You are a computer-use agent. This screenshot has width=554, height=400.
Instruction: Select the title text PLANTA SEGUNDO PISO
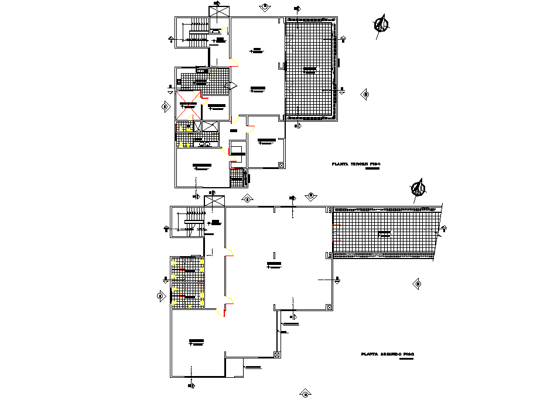(x=388, y=354)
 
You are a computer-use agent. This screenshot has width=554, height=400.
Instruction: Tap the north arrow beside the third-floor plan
(x=382, y=25)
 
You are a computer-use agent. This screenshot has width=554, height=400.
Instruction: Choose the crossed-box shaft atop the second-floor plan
(x=214, y=201)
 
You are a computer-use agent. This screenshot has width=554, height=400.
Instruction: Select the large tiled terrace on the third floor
(x=310, y=69)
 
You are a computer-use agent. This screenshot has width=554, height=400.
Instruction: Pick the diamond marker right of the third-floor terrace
(x=365, y=94)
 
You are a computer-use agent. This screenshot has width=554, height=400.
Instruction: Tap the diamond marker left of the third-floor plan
(x=165, y=107)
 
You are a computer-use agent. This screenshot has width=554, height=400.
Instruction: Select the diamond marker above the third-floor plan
(x=265, y=6)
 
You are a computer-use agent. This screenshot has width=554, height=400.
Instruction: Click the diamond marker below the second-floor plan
(x=304, y=394)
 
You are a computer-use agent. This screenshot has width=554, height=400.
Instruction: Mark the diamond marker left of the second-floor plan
(x=160, y=296)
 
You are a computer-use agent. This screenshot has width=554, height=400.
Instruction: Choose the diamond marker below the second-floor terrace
(x=418, y=284)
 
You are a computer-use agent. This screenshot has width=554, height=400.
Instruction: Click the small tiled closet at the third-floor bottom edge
(x=237, y=178)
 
